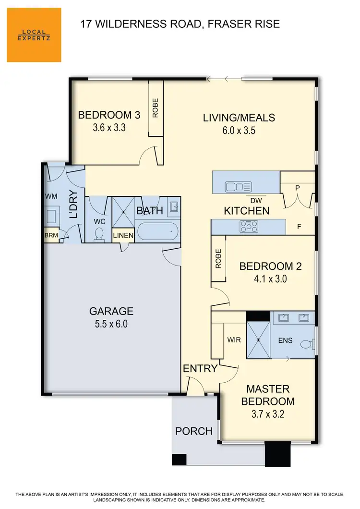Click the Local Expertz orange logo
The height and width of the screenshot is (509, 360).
[34, 35]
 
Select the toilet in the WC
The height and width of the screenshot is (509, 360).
[99, 234]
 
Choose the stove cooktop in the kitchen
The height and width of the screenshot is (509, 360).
[249, 226]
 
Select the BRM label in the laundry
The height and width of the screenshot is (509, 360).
[50, 236]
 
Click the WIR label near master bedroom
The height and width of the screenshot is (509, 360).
[234, 340]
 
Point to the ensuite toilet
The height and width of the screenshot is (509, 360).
[306, 344]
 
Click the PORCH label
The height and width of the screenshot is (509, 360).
[193, 431]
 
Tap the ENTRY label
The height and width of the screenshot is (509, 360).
[200, 369]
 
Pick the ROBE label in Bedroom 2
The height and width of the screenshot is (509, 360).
[218, 258]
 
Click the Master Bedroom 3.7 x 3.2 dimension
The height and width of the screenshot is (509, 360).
[267, 414]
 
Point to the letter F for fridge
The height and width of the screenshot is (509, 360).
[299, 226]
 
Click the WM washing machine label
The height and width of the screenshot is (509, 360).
[51, 196]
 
